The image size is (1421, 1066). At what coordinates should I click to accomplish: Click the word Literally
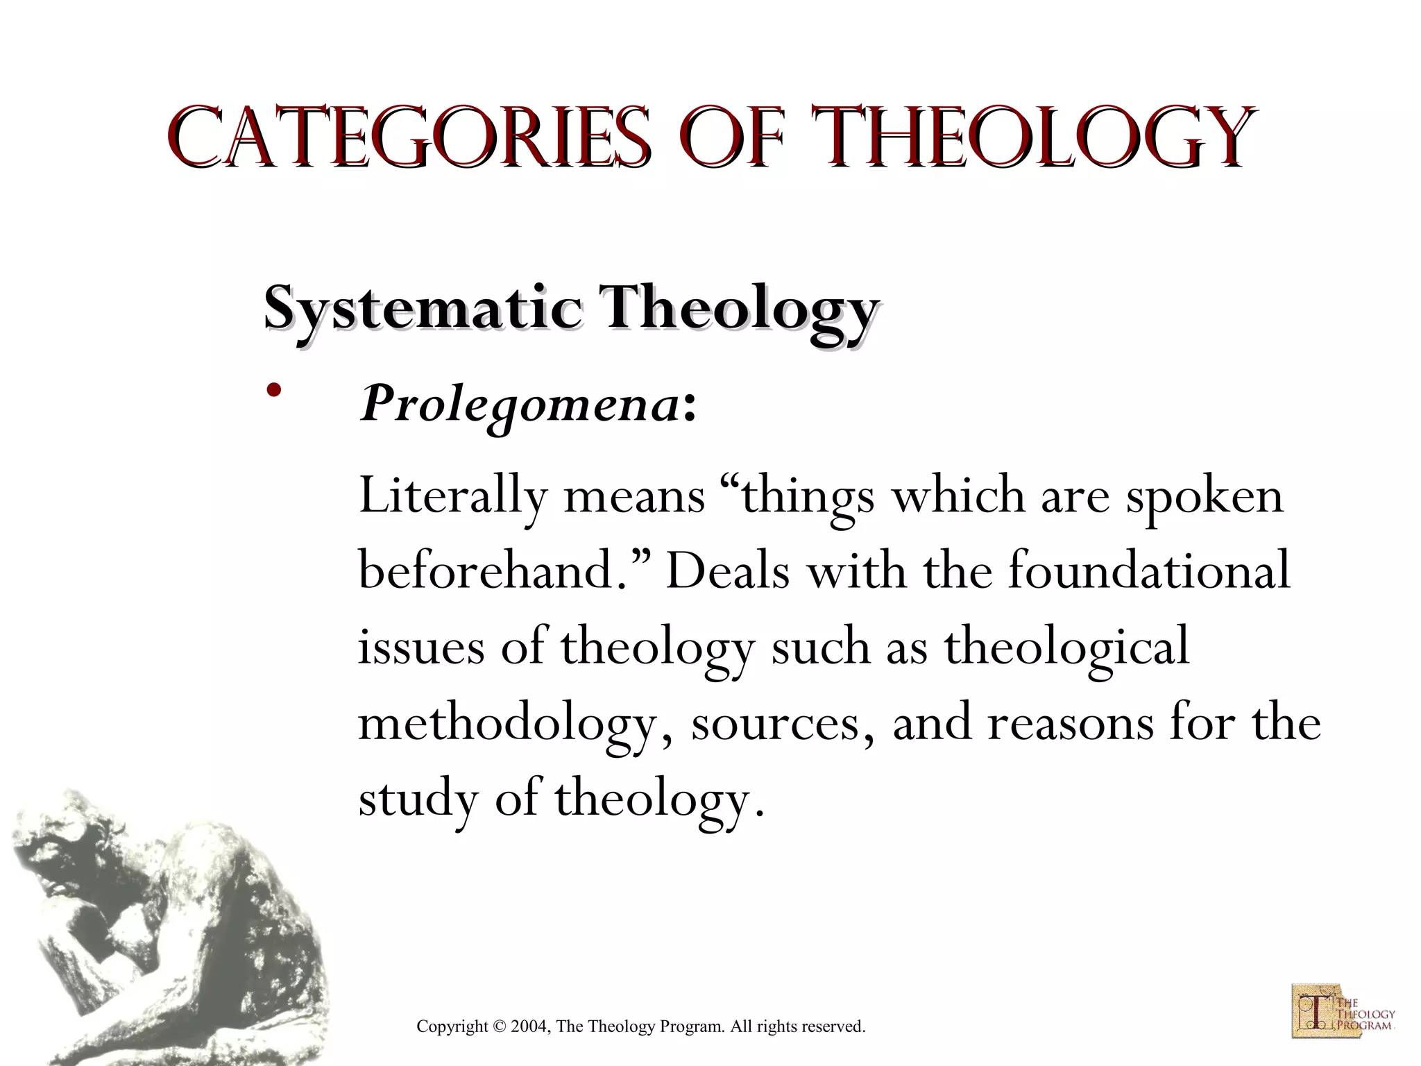click(x=452, y=497)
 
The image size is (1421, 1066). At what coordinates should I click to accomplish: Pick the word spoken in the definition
click(x=1205, y=498)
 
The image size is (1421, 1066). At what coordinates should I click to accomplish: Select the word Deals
click(x=728, y=572)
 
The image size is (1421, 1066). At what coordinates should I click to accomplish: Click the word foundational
click(x=1148, y=572)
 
